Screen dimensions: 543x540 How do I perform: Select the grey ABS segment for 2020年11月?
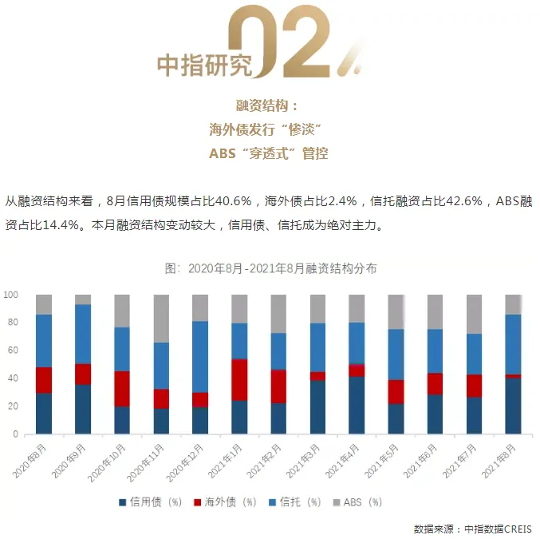pyautogui.click(x=161, y=319)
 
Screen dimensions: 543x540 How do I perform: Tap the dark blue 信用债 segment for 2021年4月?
pyautogui.click(x=357, y=405)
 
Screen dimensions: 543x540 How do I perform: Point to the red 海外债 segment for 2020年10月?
pyautogui.click(x=122, y=389)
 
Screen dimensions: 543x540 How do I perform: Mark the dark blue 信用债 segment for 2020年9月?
pyautogui.click(x=83, y=410)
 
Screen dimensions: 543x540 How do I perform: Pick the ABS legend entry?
pyautogui.click(x=361, y=502)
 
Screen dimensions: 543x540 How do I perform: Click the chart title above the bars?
pyautogui.click(x=270, y=268)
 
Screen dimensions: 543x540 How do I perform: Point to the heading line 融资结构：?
pyautogui.click(x=269, y=106)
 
